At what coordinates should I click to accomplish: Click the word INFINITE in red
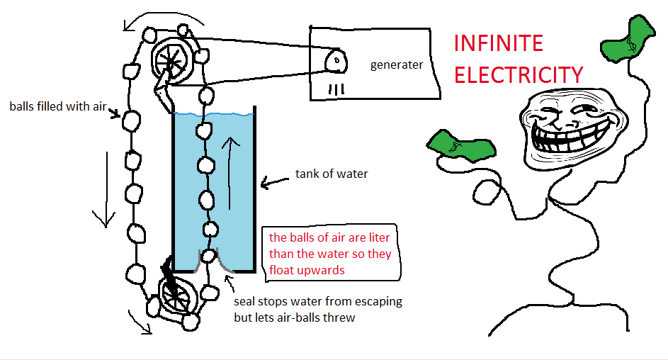498,43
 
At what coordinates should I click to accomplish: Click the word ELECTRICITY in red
519,74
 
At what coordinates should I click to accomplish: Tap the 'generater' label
397,65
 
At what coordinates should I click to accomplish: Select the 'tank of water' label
332,174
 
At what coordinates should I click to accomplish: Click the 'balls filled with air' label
57,107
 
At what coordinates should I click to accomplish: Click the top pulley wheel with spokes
171,57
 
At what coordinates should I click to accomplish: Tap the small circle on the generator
335,62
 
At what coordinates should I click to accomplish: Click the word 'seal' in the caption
245,301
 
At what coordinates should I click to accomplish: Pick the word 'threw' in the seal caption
339,317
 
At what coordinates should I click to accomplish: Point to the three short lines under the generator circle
336,89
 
